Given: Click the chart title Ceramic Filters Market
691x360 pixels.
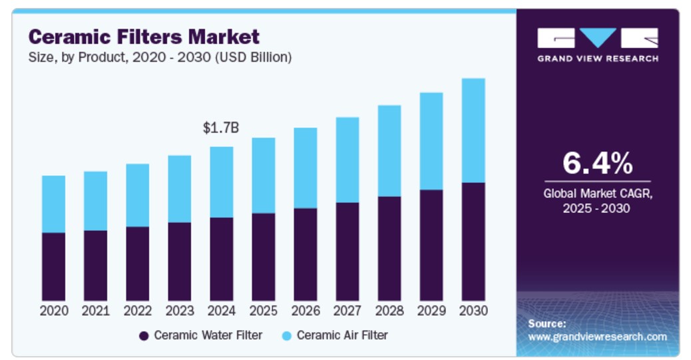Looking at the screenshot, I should pyautogui.click(x=144, y=36).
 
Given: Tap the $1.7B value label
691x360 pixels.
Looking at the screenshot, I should pyautogui.click(x=221, y=128).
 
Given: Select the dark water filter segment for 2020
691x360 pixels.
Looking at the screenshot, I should pyautogui.click(x=53, y=266).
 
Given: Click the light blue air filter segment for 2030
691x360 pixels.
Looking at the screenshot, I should pyautogui.click(x=473, y=130).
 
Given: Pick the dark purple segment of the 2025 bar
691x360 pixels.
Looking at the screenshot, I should pyautogui.click(x=263, y=256).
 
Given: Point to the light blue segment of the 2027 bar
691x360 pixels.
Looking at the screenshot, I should pyautogui.click(x=347, y=160).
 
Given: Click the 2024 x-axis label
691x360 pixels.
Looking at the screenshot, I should pyautogui.click(x=221, y=311).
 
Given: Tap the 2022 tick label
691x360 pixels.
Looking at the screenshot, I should pyautogui.click(x=137, y=311).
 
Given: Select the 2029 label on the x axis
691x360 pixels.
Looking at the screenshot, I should pyautogui.click(x=431, y=311).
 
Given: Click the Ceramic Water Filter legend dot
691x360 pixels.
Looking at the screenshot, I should pyautogui.click(x=144, y=336).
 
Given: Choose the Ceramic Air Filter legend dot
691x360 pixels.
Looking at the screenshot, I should pyautogui.click(x=286, y=336).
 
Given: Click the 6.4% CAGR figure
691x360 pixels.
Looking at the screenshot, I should pyautogui.click(x=597, y=163).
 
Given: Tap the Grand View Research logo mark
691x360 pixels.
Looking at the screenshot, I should pyautogui.click(x=597, y=38).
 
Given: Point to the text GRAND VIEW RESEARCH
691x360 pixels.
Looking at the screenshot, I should pyautogui.click(x=597, y=59).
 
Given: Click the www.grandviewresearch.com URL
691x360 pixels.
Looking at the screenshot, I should pyautogui.click(x=597, y=337).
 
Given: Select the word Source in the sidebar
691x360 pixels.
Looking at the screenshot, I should pyautogui.click(x=547, y=323).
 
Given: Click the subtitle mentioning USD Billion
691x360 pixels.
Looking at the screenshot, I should pyautogui.click(x=160, y=57).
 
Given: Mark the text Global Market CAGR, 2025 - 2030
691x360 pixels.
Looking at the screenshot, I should pyautogui.click(x=597, y=201).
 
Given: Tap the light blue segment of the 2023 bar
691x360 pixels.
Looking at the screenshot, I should pyautogui.click(x=179, y=189).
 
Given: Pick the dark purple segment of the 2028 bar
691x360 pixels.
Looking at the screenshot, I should pyautogui.click(x=389, y=248).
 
